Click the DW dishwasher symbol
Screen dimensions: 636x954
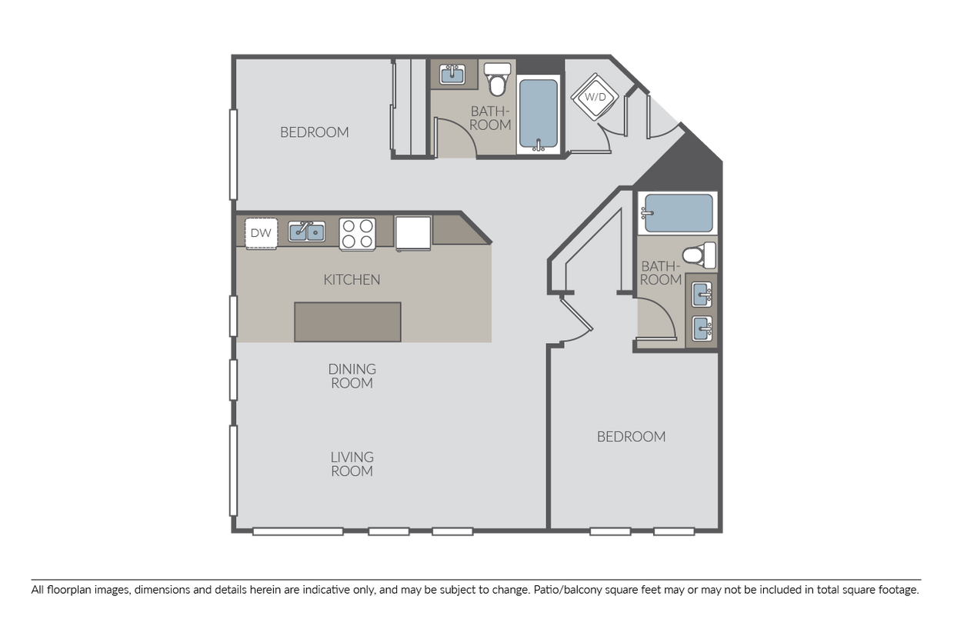point(261,233)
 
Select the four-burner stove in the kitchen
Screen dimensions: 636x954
point(357,233)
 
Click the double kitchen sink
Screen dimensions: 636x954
point(306,231)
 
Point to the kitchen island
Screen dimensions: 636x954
point(347,321)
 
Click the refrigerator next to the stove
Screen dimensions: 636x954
point(413,231)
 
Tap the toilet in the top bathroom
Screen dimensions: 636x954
point(498,78)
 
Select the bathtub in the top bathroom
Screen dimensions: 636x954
point(539,113)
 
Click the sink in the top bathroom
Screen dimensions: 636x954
point(452,75)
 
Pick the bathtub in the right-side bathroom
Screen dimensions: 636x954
point(678,213)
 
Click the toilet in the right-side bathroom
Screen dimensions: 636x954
point(700,255)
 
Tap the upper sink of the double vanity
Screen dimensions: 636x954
point(701,294)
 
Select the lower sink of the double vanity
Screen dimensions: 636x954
point(701,328)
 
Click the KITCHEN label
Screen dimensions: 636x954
point(352,280)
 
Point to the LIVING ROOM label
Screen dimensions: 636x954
point(352,464)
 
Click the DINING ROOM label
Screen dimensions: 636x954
point(352,376)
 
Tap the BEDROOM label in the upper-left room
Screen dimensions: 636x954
point(314,132)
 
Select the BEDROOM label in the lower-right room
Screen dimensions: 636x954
point(631,437)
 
